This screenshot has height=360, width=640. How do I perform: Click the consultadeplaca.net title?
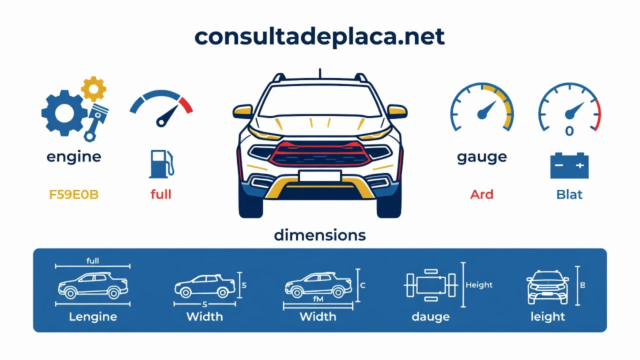[x=319, y=37]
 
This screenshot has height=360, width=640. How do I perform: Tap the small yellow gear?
[x=93, y=89]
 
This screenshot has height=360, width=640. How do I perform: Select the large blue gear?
[x=64, y=113]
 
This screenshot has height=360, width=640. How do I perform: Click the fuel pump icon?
[x=161, y=164]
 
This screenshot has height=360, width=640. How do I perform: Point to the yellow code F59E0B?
[x=73, y=194]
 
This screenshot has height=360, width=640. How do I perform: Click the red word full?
[x=161, y=194]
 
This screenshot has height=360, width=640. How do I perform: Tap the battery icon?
[x=569, y=165]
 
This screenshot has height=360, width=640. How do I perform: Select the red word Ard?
[x=481, y=194]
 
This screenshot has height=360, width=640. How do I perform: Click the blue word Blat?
[x=569, y=194]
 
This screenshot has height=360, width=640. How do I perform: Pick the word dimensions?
[x=319, y=235]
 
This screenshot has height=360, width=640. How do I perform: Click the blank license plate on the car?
[x=320, y=175]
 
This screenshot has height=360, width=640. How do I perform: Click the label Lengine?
[x=93, y=317]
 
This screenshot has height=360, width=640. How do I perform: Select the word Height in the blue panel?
[x=479, y=285]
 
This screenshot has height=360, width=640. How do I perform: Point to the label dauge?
[x=430, y=317]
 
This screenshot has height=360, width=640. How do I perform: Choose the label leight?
[x=547, y=316]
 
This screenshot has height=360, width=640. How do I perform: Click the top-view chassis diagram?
[x=431, y=285]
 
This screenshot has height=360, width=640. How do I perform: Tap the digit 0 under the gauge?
[x=569, y=131]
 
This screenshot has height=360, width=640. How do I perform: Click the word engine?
[x=73, y=157]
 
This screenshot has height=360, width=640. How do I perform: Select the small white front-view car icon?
[x=547, y=287]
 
